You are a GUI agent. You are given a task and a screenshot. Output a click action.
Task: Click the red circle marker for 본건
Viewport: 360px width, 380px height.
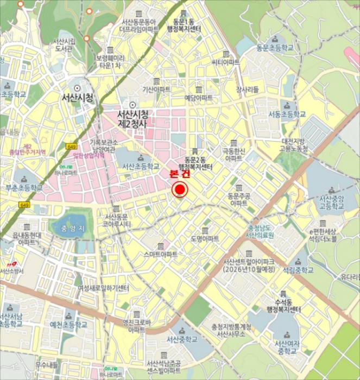click(x=180, y=190)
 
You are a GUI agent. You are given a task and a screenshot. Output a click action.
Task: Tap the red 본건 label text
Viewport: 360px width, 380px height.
click(x=180, y=175)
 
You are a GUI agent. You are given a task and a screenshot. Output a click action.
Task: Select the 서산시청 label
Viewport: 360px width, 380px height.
click(x=78, y=98)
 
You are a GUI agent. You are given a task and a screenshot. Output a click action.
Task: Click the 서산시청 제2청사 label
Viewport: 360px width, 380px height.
click(x=132, y=119)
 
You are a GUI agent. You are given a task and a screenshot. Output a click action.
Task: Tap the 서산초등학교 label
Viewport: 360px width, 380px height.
click(x=140, y=166)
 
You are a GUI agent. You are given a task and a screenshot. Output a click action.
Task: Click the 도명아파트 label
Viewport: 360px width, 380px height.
click(x=204, y=239)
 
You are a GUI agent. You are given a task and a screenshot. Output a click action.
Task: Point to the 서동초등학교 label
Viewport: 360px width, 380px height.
click(x=287, y=114)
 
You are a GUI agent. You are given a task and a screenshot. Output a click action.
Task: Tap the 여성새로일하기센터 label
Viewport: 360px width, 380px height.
click(x=104, y=288)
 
